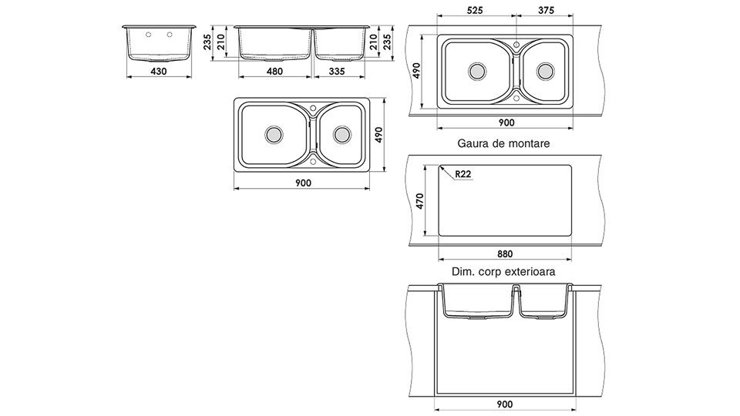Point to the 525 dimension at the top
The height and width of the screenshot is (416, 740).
tap(474, 12)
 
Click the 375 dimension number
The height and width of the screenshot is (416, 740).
tap(547, 12)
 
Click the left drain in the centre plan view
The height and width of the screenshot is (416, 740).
tap(272, 133)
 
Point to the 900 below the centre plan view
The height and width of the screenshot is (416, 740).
tap(307, 186)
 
